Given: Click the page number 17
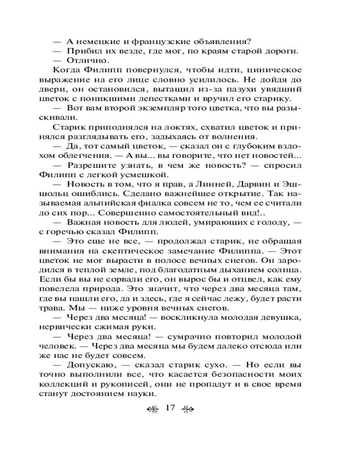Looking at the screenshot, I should coord(170,408).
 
